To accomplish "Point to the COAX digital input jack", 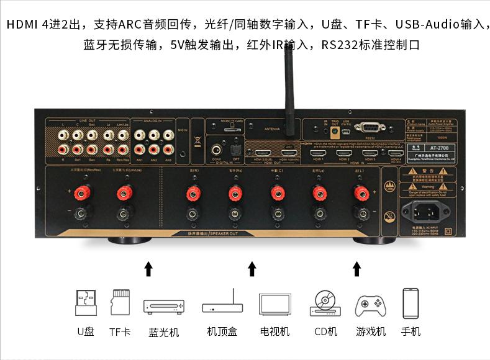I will [217, 149].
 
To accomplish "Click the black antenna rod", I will [289, 81].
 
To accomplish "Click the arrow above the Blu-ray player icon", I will [148, 269].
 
